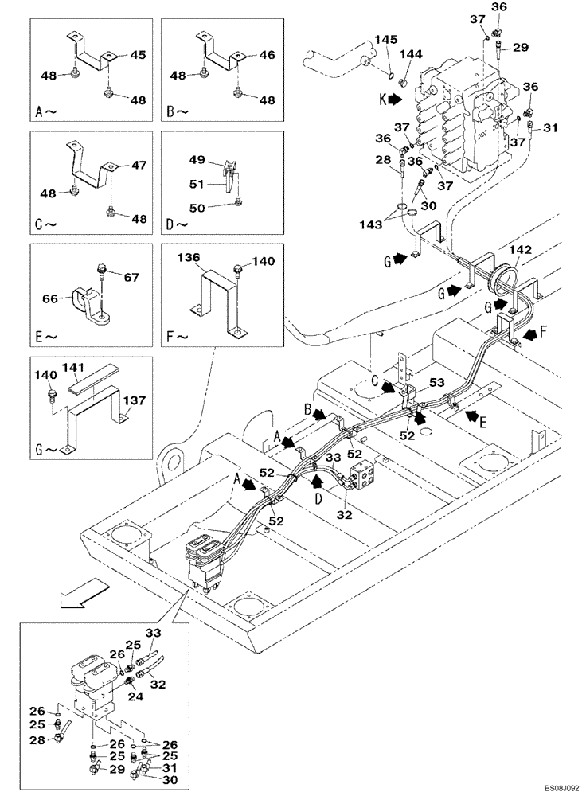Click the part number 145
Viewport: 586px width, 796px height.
coord(386,39)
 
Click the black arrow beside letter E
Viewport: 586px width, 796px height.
coord(471,415)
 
